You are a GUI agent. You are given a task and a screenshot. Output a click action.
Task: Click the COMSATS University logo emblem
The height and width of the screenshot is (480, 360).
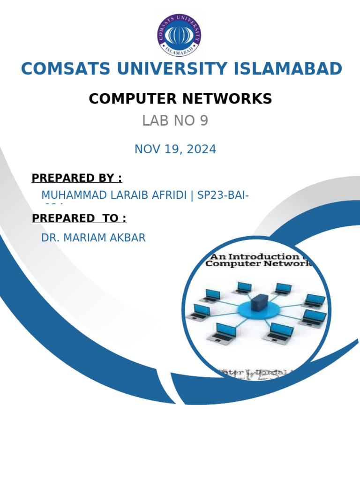(x=180, y=36)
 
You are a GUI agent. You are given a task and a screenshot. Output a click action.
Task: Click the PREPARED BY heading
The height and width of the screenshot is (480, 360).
(x=76, y=178)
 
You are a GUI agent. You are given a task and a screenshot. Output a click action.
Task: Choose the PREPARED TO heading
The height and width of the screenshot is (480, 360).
(x=79, y=218)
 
